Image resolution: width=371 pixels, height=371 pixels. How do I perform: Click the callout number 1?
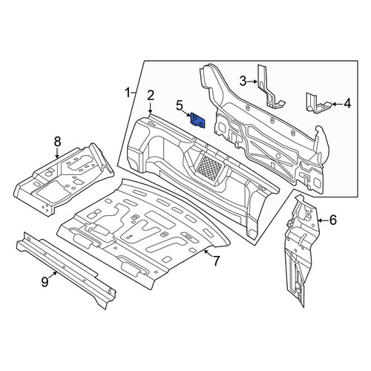click(x=128, y=93)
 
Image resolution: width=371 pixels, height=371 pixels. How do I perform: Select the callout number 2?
click(x=151, y=96)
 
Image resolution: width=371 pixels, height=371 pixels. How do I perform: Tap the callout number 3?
click(x=243, y=81)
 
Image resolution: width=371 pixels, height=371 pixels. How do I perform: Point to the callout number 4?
click(x=347, y=104)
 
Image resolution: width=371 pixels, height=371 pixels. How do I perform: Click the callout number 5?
click(x=180, y=105)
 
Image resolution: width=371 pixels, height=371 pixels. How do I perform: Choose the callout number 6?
click(x=333, y=220)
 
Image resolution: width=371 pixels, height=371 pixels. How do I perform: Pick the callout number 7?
click(x=216, y=261)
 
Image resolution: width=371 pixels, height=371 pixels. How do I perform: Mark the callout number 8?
click(x=57, y=142)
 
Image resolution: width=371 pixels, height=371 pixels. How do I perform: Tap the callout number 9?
click(x=45, y=282)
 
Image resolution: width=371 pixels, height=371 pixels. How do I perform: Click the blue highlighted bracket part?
click(x=197, y=120)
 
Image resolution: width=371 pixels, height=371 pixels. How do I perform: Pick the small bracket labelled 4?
click(x=318, y=103)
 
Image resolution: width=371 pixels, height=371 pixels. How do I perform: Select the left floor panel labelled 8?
click(x=63, y=178)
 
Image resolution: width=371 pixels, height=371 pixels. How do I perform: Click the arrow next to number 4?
click(x=337, y=104)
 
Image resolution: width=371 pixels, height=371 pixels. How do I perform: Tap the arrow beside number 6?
click(x=323, y=220)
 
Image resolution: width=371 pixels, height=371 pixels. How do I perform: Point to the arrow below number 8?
click(x=57, y=153)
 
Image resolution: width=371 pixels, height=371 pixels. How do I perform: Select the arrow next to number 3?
click(x=252, y=81)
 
